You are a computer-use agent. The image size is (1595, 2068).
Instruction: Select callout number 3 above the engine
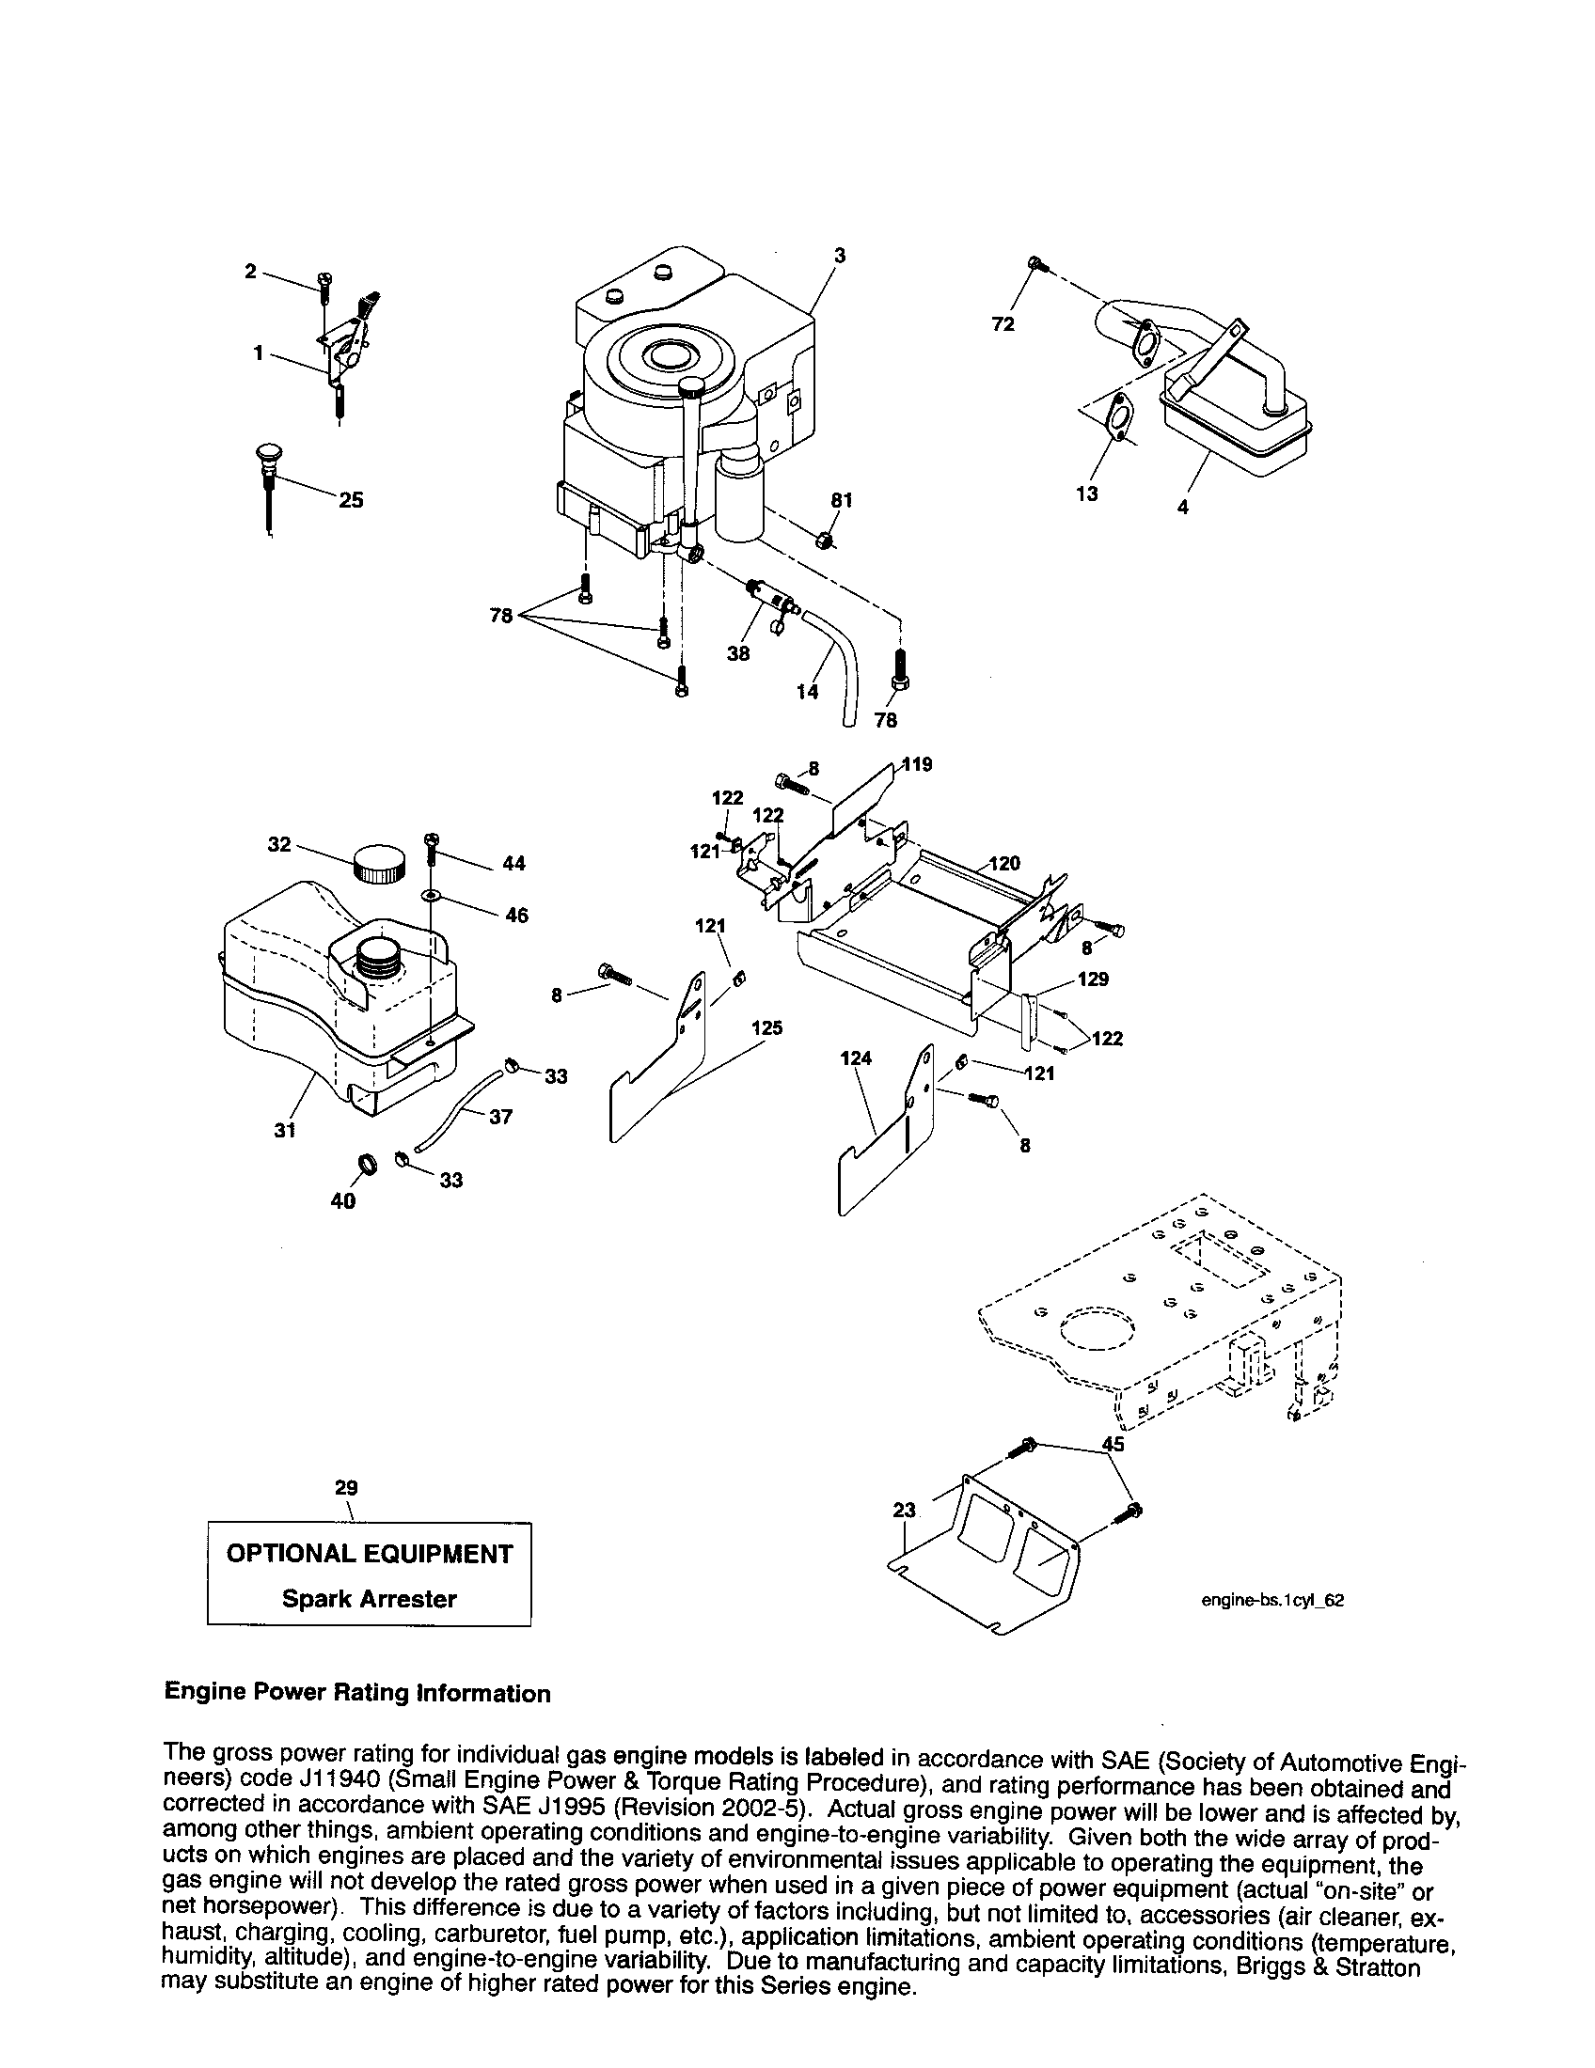pos(839,255)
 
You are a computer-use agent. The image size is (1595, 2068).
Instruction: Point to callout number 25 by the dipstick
pos(352,500)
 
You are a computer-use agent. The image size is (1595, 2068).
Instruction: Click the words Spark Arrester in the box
pos(370,1599)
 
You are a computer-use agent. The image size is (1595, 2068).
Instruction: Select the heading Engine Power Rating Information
pos(357,1693)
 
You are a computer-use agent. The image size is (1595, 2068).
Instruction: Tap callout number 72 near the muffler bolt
pos(1003,324)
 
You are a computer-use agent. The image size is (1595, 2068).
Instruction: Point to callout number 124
pos(855,1058)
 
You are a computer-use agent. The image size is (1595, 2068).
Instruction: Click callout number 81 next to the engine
pos(842,499)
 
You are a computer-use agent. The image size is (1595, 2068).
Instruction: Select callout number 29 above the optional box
pos(347,1488)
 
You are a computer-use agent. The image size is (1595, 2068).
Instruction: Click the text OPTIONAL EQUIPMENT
pos(370,1554)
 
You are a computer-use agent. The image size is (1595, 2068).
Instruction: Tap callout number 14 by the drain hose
pos(807,692)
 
